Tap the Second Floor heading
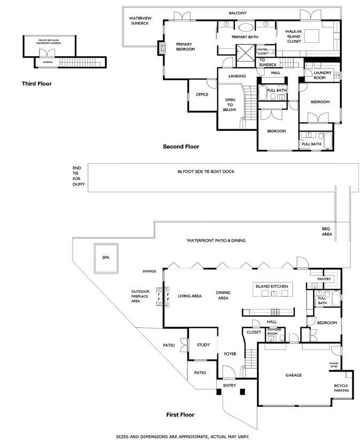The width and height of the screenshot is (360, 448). tap(181, 146)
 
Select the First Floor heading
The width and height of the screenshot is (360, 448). tap(179, 414)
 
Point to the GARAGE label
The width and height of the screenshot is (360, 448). tap(293, 375)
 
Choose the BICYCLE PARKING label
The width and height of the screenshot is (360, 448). tap(341, 388)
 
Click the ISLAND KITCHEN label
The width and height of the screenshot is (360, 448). tap(272, 287)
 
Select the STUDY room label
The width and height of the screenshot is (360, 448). tap(203, 345)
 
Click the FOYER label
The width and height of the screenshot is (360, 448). tap(230, 354)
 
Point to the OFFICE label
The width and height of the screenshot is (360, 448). tap(202, 95)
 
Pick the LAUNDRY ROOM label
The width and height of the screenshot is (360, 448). tap(323, 75)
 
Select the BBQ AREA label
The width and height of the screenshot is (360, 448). tap(326, 231)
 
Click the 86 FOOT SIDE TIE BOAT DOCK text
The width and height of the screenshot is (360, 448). tap(206, 172)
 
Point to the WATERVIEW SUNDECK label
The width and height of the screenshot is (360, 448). tap(140, 21)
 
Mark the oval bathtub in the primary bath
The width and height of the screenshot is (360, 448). tap(246, 26)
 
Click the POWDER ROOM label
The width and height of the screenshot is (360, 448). tap(273, 331)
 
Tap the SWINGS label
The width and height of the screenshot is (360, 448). tap(149, 272)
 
